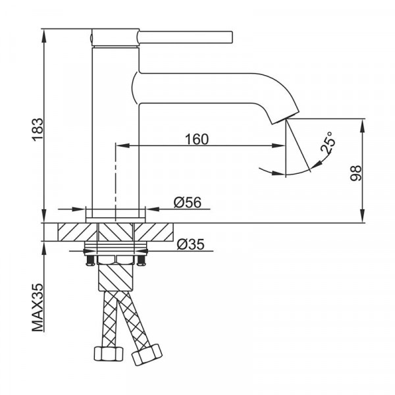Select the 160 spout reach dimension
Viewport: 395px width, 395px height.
tap(197, 140)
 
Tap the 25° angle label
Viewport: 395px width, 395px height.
tap(329, 142)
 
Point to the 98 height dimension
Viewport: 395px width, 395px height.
tap(355, 173)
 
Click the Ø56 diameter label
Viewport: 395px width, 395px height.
tap(188, 202)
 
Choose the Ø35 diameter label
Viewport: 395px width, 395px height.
tap(190, 244)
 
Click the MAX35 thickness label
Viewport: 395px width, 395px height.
tap(38, 307)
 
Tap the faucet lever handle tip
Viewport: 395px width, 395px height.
tap(231, 37)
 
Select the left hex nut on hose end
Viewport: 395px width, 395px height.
tap(109, 354)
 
